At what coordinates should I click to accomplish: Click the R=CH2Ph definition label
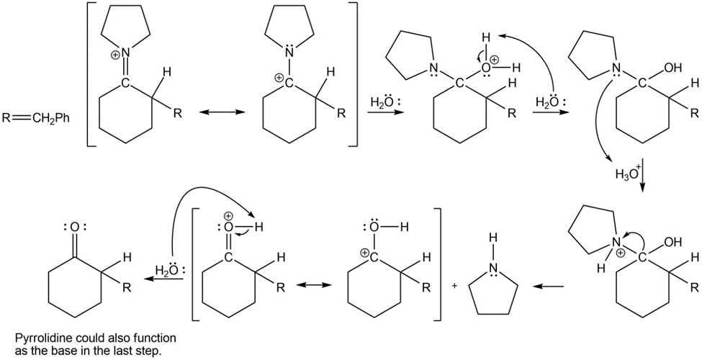pyautogui.click(x=36, y=119)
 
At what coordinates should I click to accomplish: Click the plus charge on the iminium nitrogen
pyautogui.click(x=116, y=54)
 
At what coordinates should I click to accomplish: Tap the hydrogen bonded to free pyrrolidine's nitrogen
pyautogui.click(x=493, y=236)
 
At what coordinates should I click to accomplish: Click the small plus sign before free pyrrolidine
pyautogui.click(x=455, y=285)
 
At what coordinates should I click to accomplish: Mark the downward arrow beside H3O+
pyautogui.click(x=642, y=175)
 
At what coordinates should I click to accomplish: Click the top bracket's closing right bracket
pyautogui.click(x=354, y=74)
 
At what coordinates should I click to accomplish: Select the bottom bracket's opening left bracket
pyautogui.click(x=196, y=264)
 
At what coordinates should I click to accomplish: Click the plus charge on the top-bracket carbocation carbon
pyautogui.click(x=279, y=78)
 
